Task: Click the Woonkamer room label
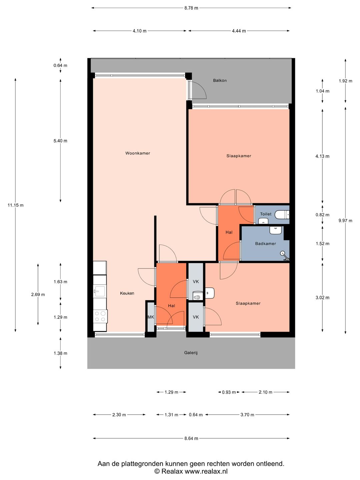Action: click(x=137, y=153)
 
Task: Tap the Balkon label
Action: click(x=220, y=80)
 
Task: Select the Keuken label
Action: click(x=127, y=293)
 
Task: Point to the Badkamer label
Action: click(x=265, y=244)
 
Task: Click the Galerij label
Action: click(x=191, y=353)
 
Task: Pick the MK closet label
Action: click(x=151, y=317)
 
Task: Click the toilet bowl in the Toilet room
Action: click(x=282, y=215)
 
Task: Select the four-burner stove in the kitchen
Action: click(x=100, y=316)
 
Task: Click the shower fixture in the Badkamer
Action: click(x=285, y=256)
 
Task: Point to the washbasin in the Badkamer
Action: click(x=275, y=230)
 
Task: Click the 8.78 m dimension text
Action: click(x=191, y=8)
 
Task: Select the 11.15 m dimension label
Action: click(x=15, y=205)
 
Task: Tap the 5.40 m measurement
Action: click(x=60, y=141)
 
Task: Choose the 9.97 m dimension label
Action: click(x=345, y=221)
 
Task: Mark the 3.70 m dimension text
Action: click(x=247, y=415)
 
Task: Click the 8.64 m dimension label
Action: click(x=191, y=438)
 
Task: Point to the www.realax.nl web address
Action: click(x=206, y=471)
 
